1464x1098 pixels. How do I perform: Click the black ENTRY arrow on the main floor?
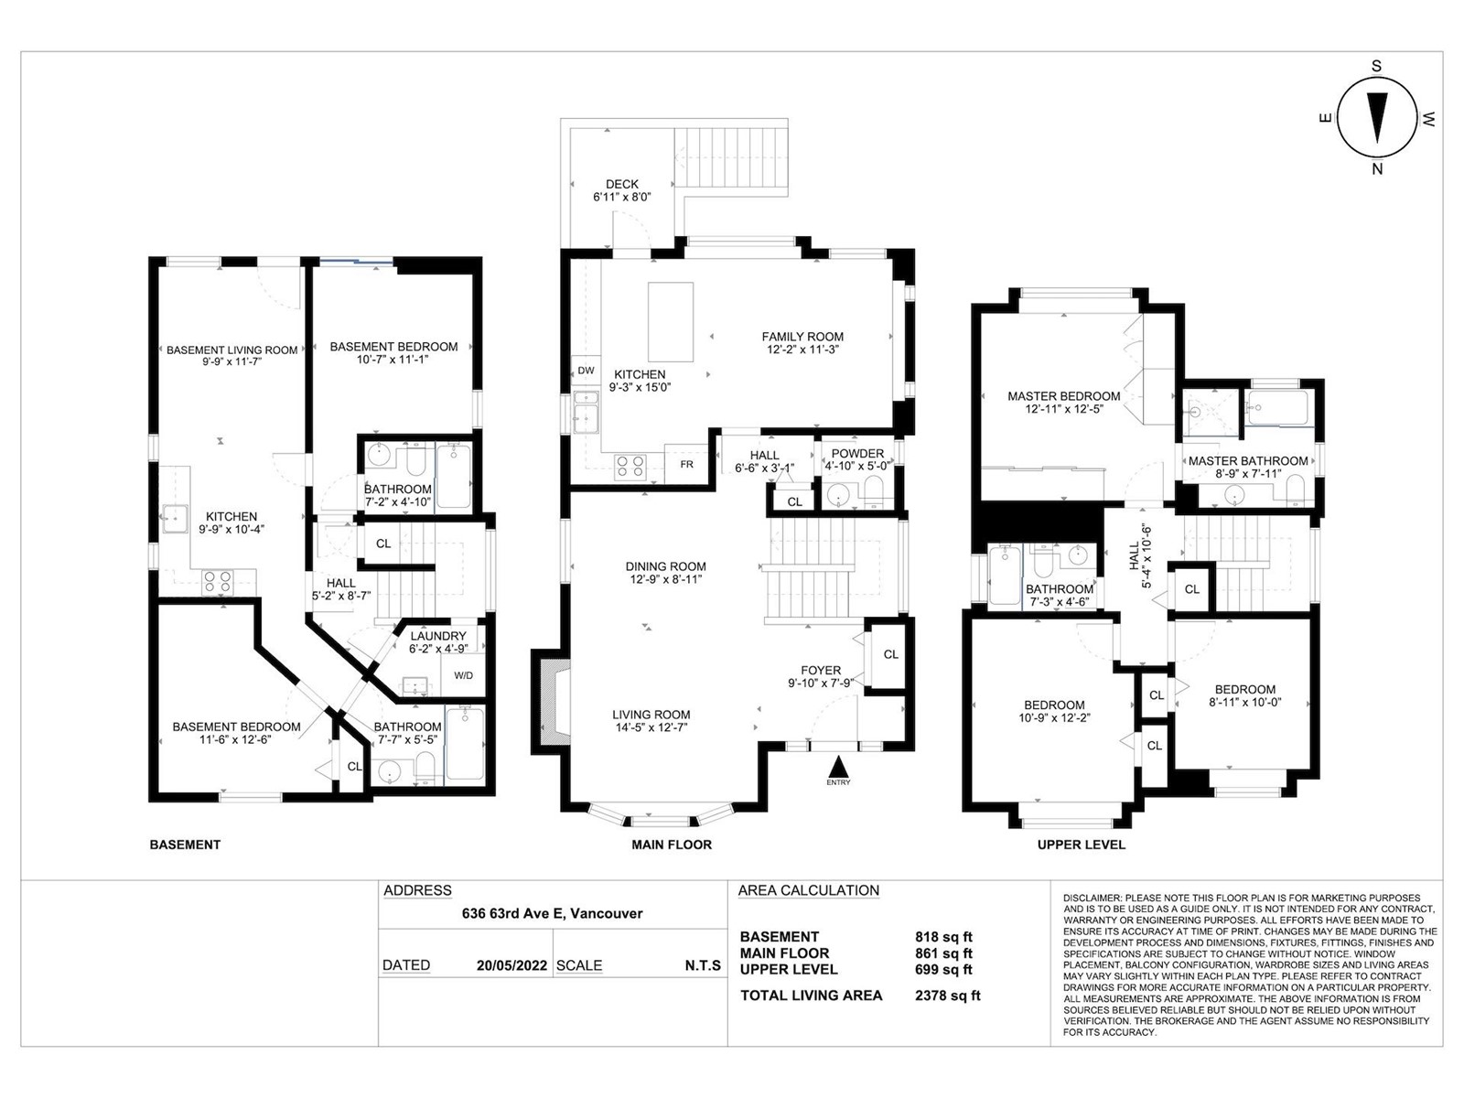pos(838,765)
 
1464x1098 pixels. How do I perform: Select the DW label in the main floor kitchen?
pos(586,371)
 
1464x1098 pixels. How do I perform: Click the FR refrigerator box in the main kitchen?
pos(686,464)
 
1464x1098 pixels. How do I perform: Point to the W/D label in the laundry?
pos(464,675)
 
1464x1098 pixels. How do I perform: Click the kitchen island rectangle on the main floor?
pos(671,322)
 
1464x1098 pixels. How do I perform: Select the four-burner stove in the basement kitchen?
pos(218,581)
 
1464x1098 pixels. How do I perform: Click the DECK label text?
pos(621,184)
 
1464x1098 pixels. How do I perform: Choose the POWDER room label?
pos(857,453)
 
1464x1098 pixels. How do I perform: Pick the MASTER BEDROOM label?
pos(1064,396)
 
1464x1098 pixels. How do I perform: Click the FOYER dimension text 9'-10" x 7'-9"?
pos(821,683)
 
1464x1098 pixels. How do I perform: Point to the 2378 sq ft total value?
pos(948,996)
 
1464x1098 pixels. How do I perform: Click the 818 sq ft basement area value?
pos(943,937)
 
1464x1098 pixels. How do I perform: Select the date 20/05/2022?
pos(511,965)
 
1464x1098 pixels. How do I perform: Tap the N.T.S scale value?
pos(703,965)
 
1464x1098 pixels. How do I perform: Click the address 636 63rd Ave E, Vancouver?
pos(553,913)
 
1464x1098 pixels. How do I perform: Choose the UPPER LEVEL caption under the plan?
pos(1082,845)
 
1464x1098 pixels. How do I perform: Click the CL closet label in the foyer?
pos(890,654)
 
